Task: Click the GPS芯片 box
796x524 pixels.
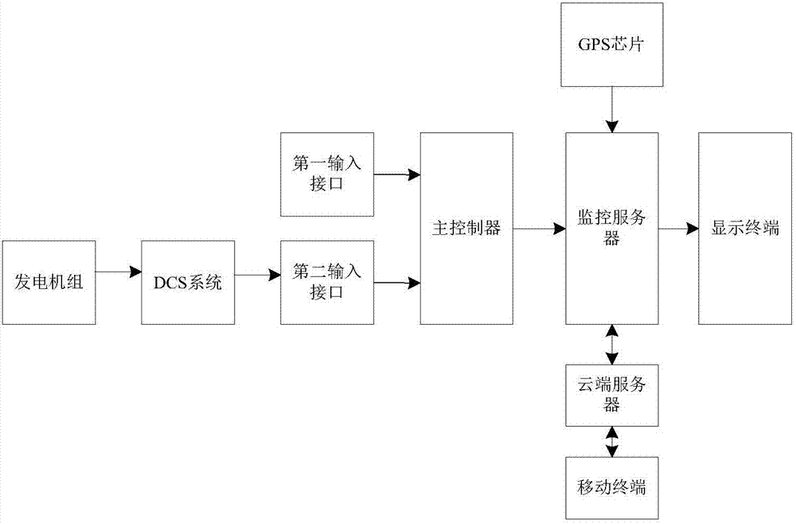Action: click(x=611, y=45)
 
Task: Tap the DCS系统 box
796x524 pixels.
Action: click(x=188, y=282)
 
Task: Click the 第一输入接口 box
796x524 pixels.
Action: click(x=327, y=174)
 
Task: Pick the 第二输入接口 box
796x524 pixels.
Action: click(x=327, y=282)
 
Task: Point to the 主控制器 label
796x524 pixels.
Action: click(x=466, y=229)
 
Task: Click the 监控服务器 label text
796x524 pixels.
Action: click(x=611, y=229)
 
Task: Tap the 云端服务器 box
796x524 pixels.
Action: click(x=611, y=395)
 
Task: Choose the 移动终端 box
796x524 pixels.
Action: click(x=611, y=487)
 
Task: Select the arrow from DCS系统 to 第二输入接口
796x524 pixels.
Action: click(x=257, y=276)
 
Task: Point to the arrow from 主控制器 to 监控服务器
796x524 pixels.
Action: click(x=539, y=229)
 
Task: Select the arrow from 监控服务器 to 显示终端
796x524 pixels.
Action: click(x=678, y=229)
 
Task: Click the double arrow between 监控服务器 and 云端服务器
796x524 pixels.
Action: click(x=611, y=344)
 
